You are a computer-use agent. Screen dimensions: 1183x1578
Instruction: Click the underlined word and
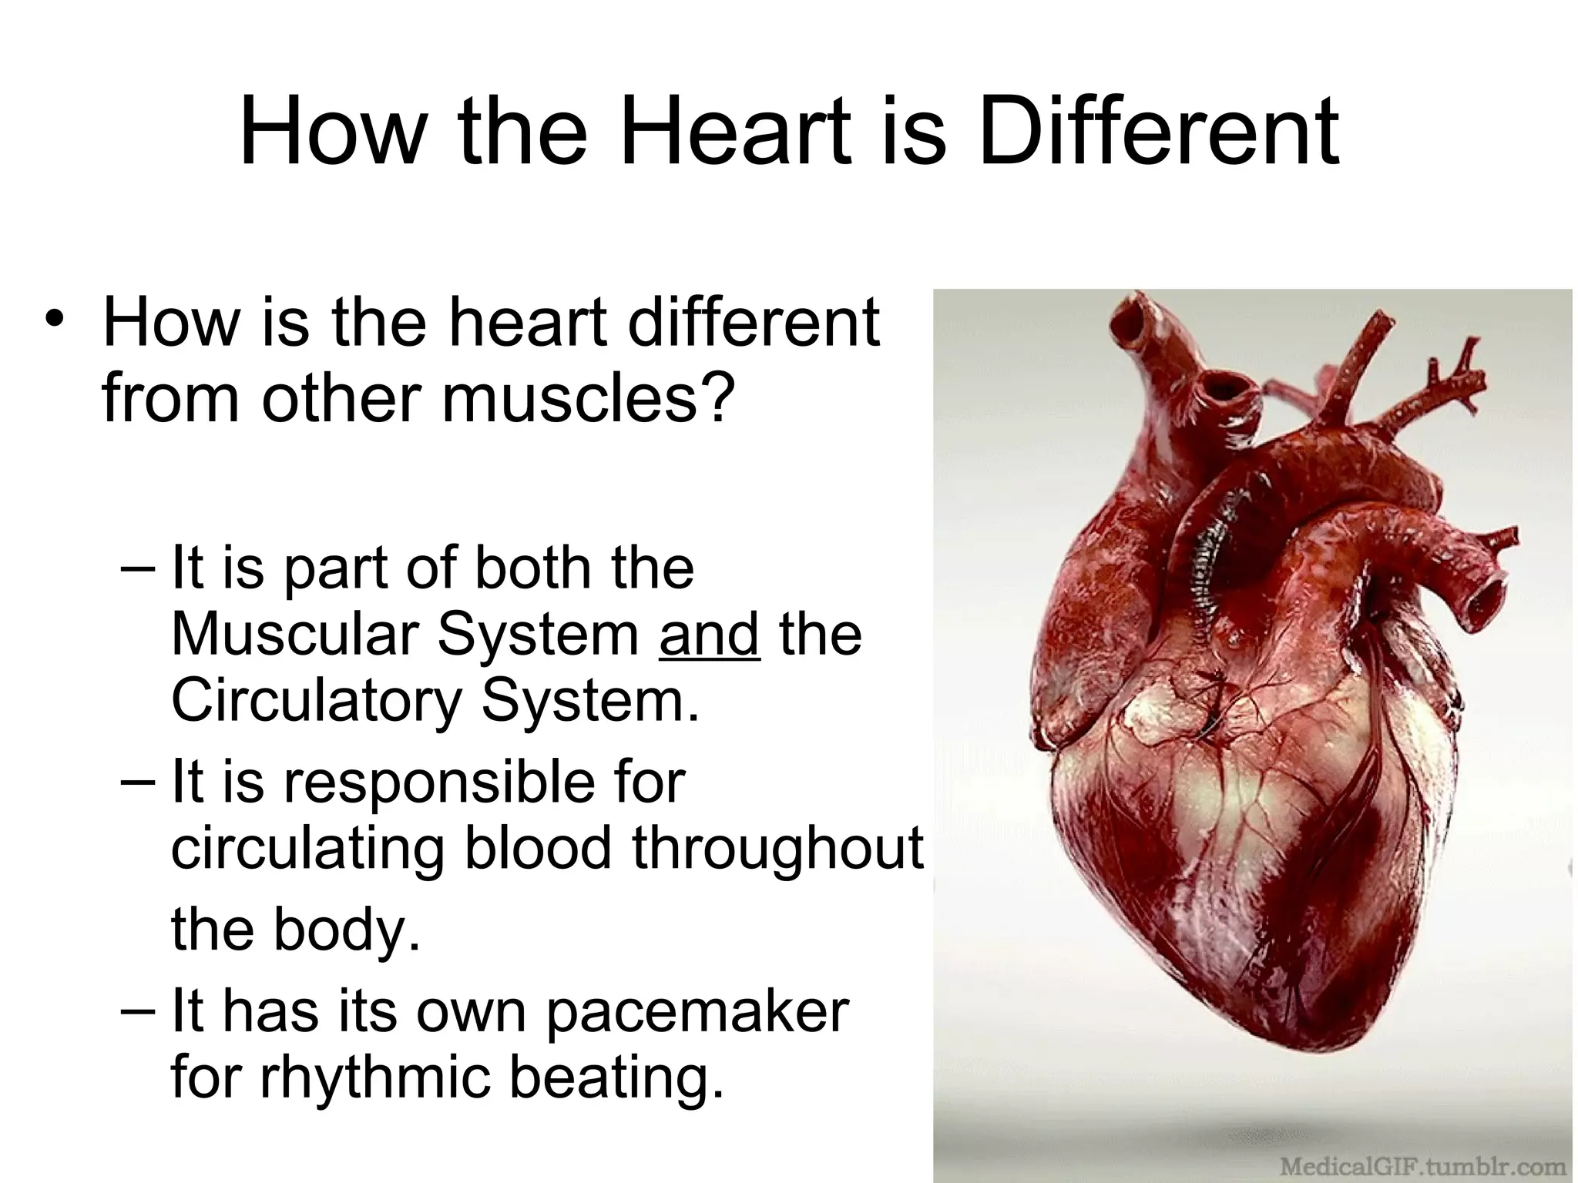[x=710, y=634]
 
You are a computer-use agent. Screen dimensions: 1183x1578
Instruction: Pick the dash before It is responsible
[x=137, y=783]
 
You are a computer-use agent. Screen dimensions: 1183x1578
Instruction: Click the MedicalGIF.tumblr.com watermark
[x=1422, y=1165]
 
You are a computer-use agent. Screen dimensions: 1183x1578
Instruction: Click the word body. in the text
[x=347, y=930]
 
